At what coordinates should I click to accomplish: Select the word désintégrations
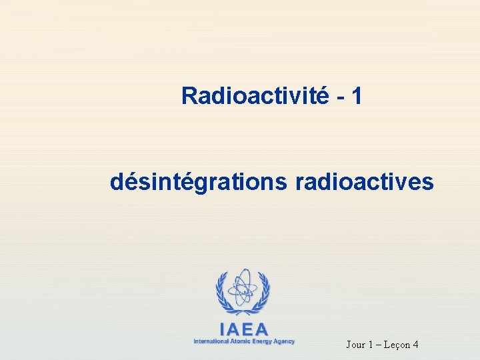pos(197,181)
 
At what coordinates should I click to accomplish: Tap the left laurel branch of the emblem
pos(222,291)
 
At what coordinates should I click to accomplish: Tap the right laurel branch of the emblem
pos(263,291)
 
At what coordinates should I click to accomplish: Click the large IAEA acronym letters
pos(243,329)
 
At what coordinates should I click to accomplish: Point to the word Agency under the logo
pos(285,341)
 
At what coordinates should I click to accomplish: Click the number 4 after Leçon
pos(415,345)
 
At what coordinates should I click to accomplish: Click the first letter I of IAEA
pos(223,329)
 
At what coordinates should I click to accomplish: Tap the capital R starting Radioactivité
pos(189,96)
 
